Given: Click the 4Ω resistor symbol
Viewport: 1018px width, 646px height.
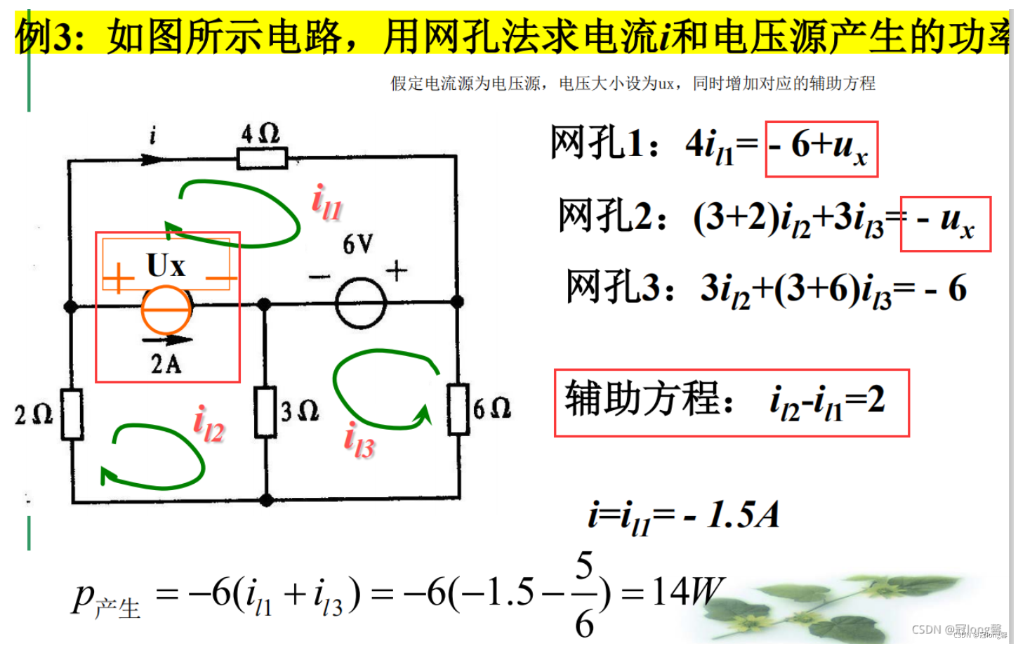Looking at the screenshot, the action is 263,159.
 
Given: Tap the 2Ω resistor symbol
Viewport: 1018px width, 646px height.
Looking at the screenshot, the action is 72,414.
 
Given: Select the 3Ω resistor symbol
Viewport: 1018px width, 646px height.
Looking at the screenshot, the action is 265,411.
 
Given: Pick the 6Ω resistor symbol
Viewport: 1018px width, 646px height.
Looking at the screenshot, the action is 458,409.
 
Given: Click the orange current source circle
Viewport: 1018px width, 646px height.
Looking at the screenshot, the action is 166,309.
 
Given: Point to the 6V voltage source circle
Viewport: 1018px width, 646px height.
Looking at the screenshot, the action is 361,303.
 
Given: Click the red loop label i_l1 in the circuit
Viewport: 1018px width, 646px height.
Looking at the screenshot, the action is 326,202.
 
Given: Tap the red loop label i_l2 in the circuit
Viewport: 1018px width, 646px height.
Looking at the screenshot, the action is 209,424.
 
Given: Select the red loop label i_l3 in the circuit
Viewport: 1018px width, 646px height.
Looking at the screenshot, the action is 359,440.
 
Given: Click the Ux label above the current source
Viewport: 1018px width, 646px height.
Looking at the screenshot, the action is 166,266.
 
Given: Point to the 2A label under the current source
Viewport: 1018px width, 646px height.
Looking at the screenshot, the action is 166,364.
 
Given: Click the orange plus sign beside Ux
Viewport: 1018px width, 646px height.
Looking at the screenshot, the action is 119,278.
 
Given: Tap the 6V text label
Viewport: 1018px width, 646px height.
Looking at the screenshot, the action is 358,244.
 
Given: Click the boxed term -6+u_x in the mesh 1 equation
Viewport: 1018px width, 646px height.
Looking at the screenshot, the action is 821,148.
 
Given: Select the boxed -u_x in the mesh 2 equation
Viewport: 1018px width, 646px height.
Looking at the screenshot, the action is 945,223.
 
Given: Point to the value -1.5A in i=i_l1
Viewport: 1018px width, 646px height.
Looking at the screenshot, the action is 732,515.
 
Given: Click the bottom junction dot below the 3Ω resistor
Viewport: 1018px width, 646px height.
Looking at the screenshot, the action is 266,500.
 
